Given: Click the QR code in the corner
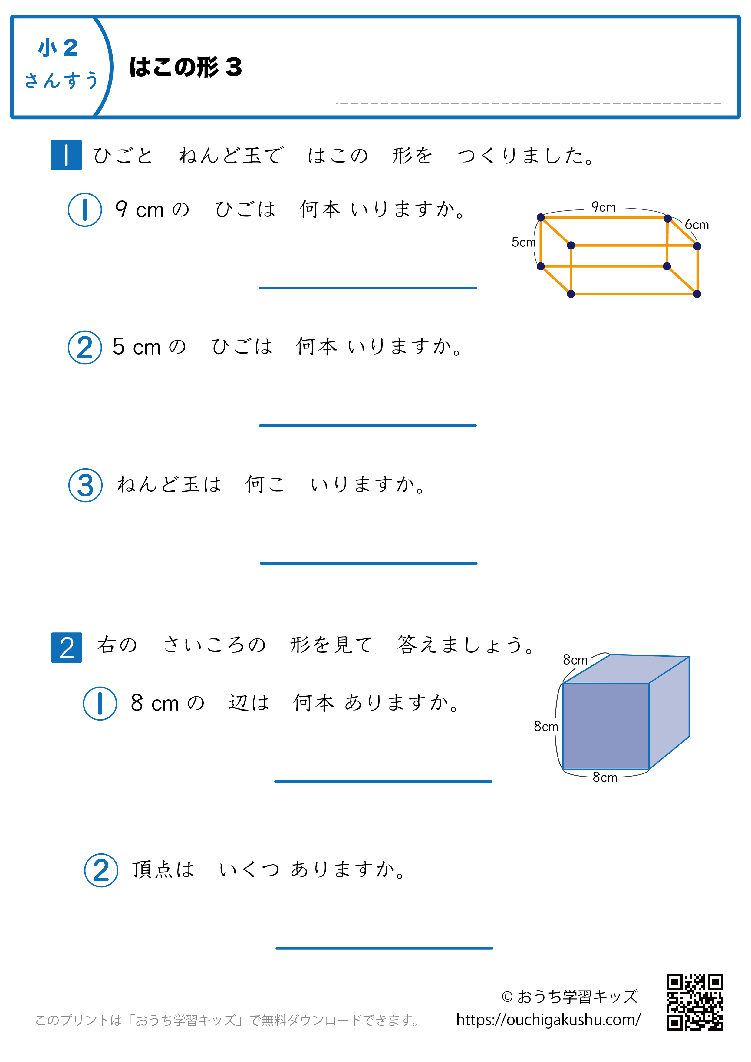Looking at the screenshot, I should coord(695,1002).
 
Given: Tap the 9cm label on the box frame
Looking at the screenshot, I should coord(604,207).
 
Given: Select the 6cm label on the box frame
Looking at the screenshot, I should coord(697,225).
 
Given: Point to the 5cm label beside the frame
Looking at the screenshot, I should coord(523,242).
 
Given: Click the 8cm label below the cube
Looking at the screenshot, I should coord(604,777).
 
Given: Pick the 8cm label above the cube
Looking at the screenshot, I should coord(575,660).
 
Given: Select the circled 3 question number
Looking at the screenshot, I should coord(86,485).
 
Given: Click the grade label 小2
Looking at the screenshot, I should coord(58,48).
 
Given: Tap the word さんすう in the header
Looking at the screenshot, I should coord(61,80).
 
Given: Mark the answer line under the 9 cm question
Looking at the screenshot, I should coord(368,288).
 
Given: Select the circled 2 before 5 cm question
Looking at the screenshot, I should coord(85,347).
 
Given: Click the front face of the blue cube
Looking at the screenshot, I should coord(605,726).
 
